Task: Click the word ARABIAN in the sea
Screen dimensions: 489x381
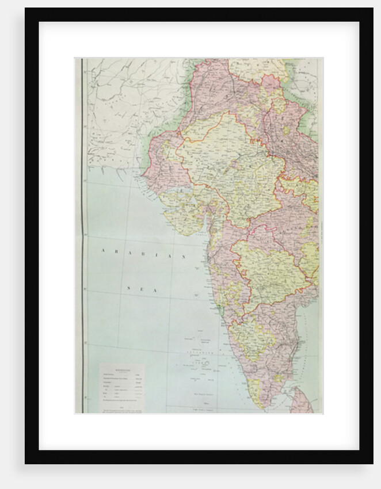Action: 144,253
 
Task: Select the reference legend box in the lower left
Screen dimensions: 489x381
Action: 121,387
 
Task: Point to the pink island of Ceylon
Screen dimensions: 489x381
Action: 301,401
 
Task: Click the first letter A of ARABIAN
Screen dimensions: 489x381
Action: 103,251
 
